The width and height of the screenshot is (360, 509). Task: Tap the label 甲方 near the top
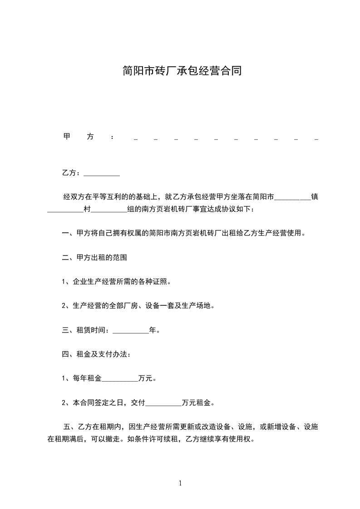(79, 137)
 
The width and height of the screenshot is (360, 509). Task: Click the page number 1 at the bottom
(180, 483)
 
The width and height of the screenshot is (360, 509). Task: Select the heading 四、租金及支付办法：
(96, 354)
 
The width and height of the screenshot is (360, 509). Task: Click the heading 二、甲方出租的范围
(94, 258)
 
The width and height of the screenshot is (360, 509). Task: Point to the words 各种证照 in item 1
(153, 282)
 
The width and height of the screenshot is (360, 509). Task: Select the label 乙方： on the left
(71, 173)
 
